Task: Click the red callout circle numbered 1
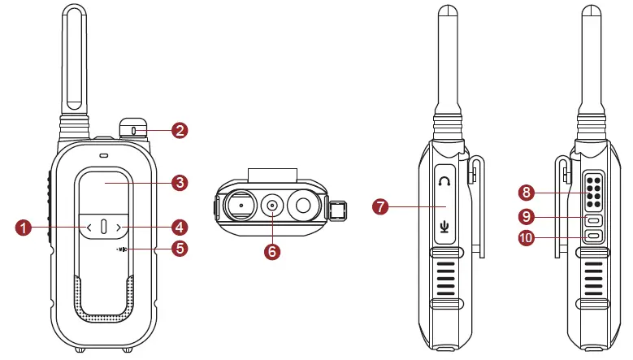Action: click(25, 228)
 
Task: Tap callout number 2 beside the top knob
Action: click(180, 129)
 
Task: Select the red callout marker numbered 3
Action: click(180, 182)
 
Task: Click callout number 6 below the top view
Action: click(272, 251)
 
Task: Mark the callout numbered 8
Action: click(527, 193)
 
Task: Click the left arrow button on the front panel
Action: click(89, 228)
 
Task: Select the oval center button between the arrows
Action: click(104, 228)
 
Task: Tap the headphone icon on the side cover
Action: click(443, 180)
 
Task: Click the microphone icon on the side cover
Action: click(444, 225)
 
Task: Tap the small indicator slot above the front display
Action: click(104, 154)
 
